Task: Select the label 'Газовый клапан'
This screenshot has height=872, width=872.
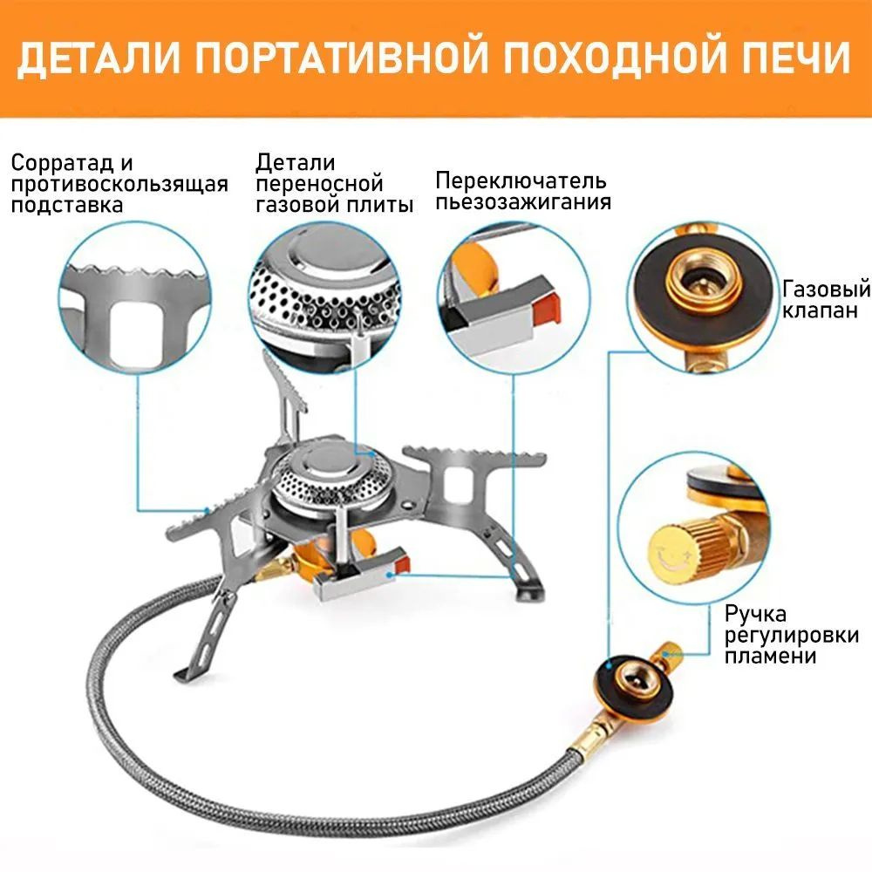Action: (x=826, y=299)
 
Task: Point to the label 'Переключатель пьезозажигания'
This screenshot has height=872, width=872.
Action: (x=521, y=191)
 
